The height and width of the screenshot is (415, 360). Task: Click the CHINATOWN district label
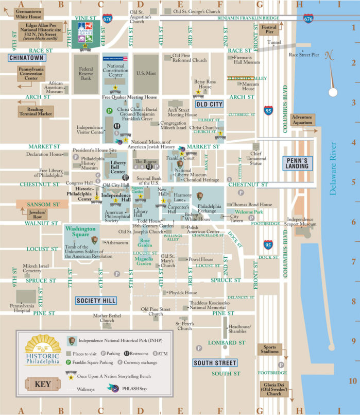(x=27, y=58)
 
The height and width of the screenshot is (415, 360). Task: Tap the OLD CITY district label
(x=209, y=104)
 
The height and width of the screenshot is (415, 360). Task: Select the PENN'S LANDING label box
(x=297, y=163)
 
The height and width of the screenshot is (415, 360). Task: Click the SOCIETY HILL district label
(x=96, y=301)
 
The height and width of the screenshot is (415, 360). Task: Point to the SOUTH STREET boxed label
(x=215, y=363)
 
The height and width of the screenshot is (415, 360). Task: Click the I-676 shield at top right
(x=308, y=18)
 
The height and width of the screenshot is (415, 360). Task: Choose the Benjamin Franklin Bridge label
(x=248, y=18)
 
